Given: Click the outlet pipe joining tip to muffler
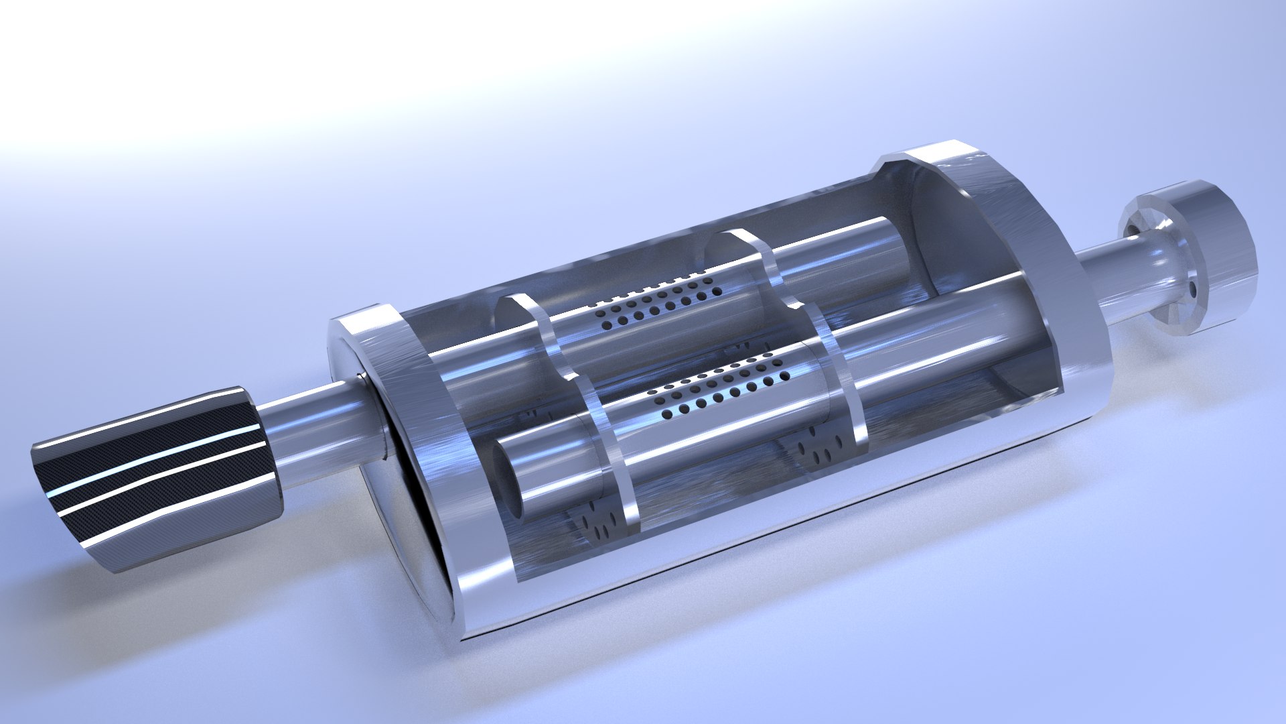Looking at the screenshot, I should pos(315,429).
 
